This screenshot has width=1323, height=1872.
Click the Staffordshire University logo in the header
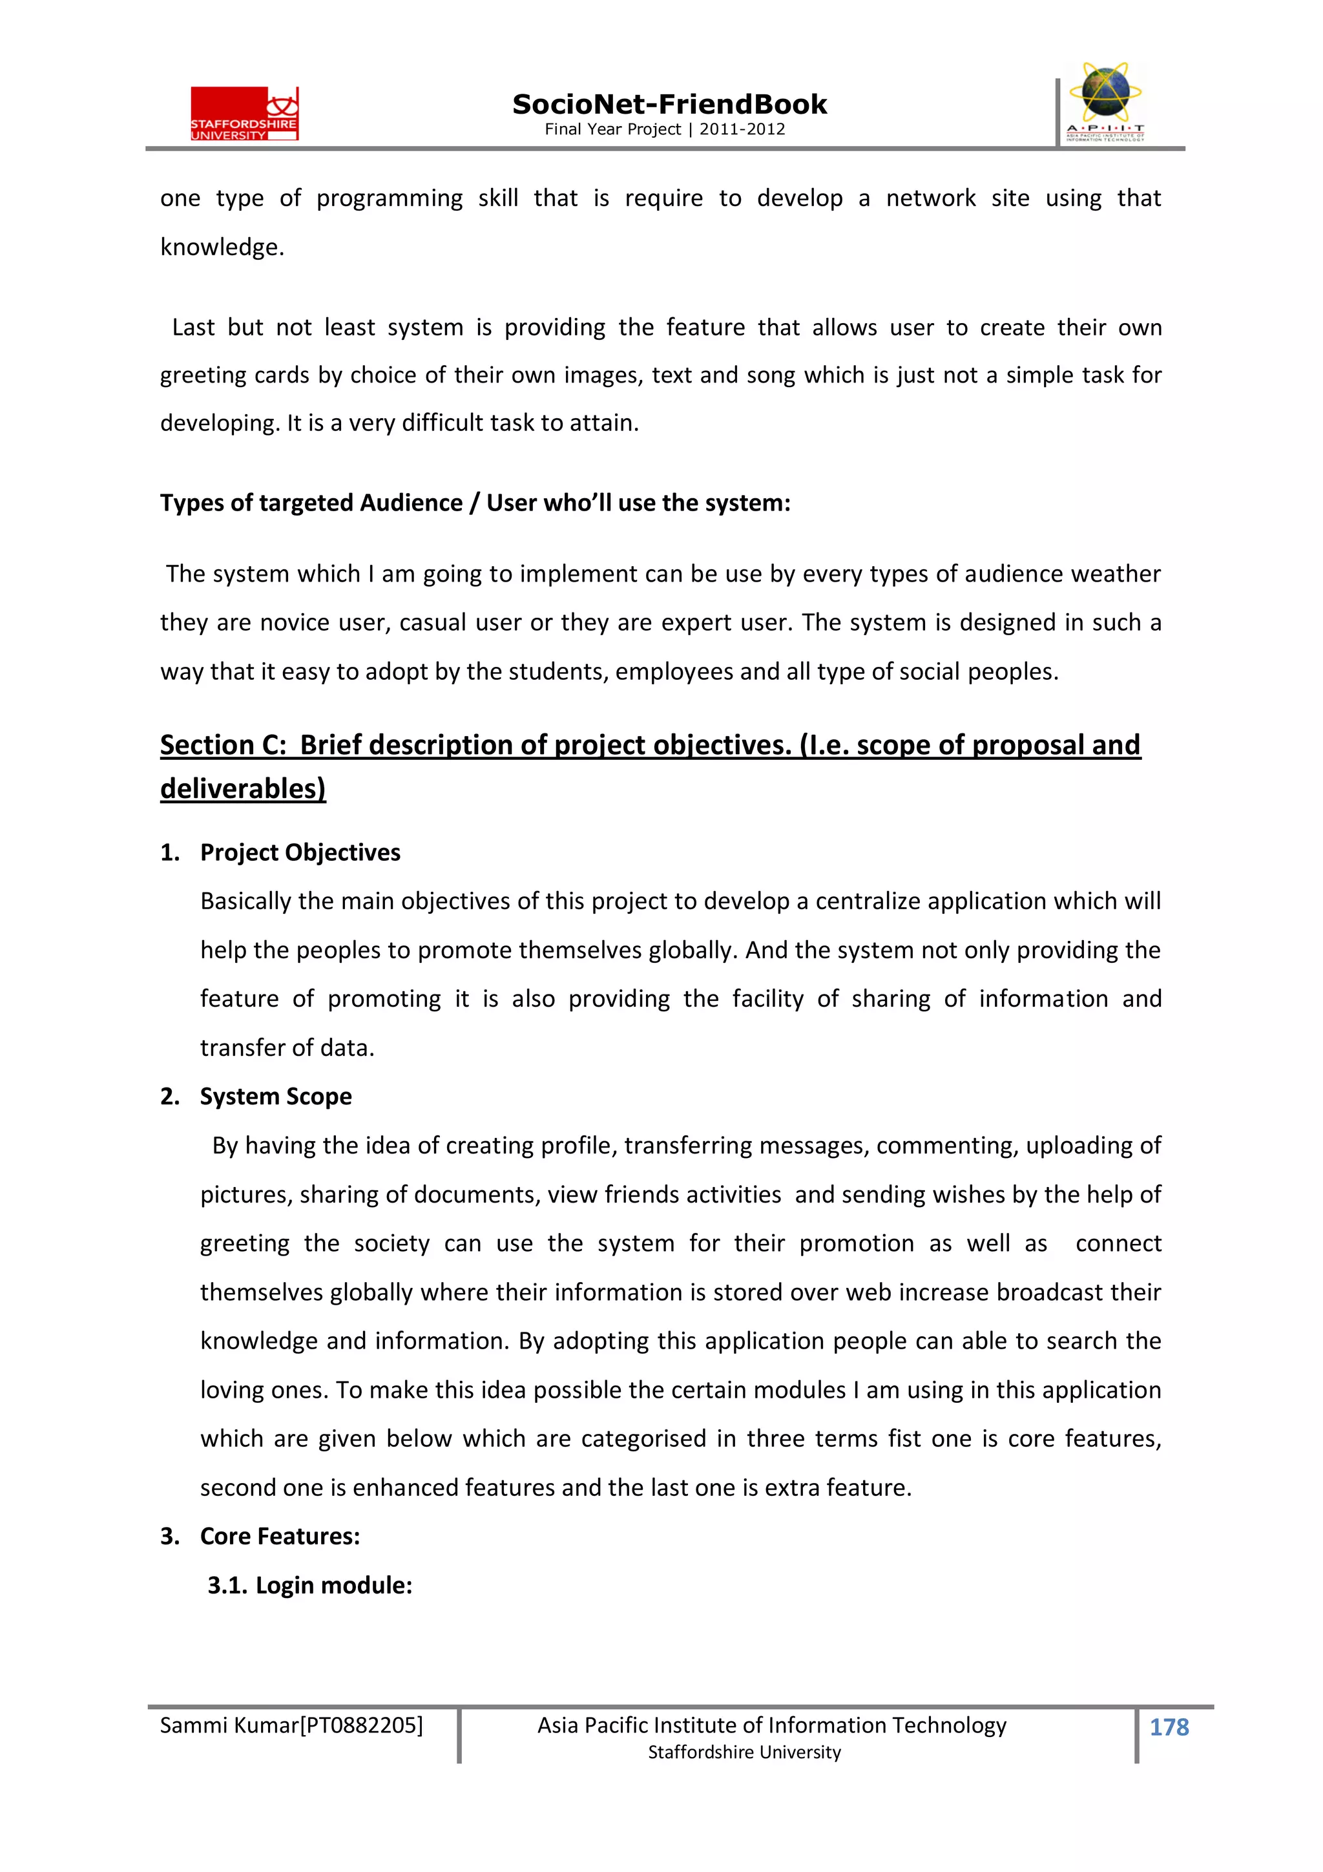point(245,114)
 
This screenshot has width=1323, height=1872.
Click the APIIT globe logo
point(1105,102)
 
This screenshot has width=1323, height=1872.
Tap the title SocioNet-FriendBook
point(669,105)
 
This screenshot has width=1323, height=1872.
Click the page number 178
point(1169,1727)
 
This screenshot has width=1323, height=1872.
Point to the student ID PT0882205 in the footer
point(361,1725)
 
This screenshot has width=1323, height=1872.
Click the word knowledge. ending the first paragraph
point(222,247)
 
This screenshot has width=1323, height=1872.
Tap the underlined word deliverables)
point(243,788)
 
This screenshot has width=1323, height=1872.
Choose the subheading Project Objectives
point(300,852)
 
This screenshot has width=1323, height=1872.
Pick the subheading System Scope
point(276,1097)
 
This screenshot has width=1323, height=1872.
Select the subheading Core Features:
point(280,1536)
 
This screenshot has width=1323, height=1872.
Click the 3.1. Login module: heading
point(310,1585)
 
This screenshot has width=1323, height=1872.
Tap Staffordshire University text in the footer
point(744,1752)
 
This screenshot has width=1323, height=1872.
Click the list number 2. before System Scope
point(169,1097)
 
